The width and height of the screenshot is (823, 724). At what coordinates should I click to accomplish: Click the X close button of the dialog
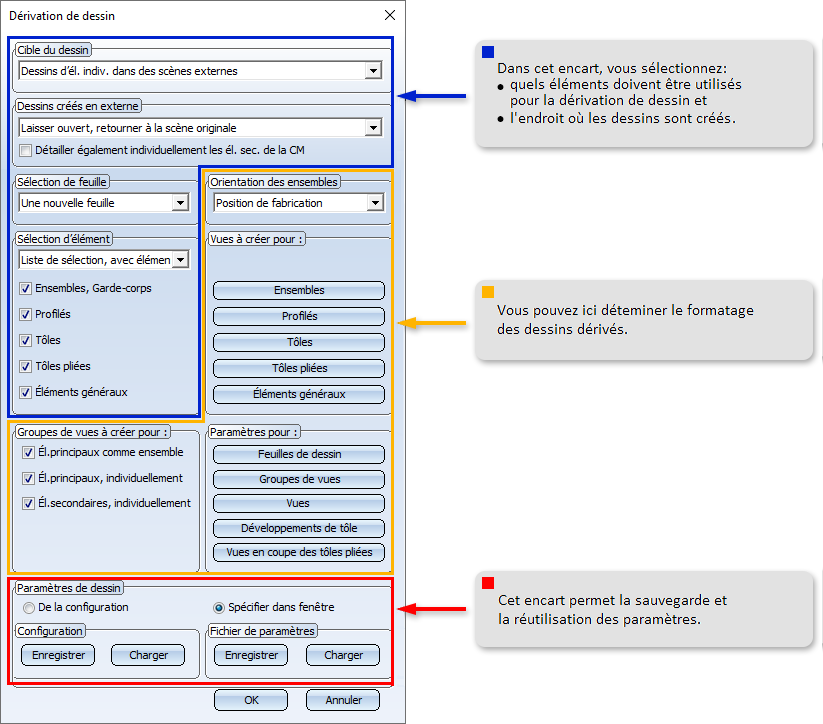389,15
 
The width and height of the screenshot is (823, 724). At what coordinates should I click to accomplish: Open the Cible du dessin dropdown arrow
373,70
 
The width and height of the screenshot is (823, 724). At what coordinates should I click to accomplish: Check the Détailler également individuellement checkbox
25,151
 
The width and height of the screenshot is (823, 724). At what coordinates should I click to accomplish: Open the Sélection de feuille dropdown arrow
180,203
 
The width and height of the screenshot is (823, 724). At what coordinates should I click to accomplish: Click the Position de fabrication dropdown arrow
375,203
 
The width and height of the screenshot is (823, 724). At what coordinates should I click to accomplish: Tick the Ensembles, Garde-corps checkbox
25,288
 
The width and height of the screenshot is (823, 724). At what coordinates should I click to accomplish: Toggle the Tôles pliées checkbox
25,366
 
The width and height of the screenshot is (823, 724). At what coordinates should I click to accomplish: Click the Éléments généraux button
299,394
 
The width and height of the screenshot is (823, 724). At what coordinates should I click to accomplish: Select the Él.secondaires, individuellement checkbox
28,503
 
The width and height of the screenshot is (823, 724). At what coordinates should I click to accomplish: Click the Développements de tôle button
299,528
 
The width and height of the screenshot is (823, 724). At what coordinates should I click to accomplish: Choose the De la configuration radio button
29,608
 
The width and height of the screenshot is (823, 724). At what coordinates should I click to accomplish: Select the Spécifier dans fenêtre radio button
219,608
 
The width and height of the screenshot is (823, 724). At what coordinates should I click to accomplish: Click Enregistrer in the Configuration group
58,655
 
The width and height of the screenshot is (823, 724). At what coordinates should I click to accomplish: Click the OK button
251,700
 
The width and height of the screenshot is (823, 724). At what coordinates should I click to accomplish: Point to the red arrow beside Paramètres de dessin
431,609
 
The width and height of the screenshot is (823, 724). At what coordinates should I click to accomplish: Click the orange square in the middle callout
488,292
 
